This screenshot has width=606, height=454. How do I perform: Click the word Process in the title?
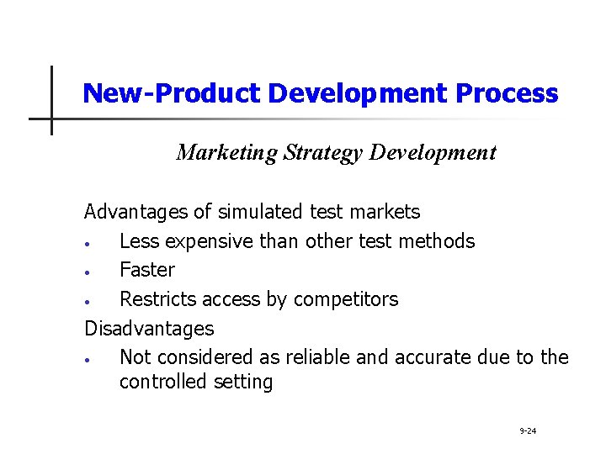click(x=506, y=93)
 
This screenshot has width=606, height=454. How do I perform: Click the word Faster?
click(x=147, y=270)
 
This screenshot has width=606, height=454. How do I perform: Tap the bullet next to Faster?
click(x=88, y=272)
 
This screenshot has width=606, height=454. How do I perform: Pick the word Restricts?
click(x=157, y=298)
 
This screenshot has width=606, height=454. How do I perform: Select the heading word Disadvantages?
click(x=149, y=328)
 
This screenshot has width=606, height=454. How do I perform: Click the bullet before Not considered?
click(x=88, y=360)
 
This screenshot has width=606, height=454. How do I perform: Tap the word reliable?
click(x=319, y=357)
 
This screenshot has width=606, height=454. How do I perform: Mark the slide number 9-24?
click(x=528, y=431)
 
